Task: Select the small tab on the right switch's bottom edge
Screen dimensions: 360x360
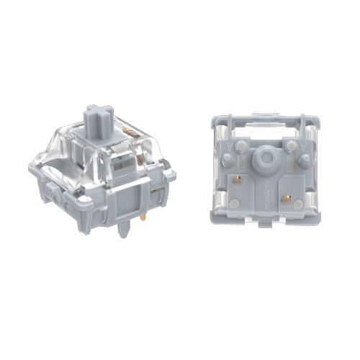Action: point(266,220)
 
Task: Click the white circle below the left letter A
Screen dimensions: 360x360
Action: point(232,162)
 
